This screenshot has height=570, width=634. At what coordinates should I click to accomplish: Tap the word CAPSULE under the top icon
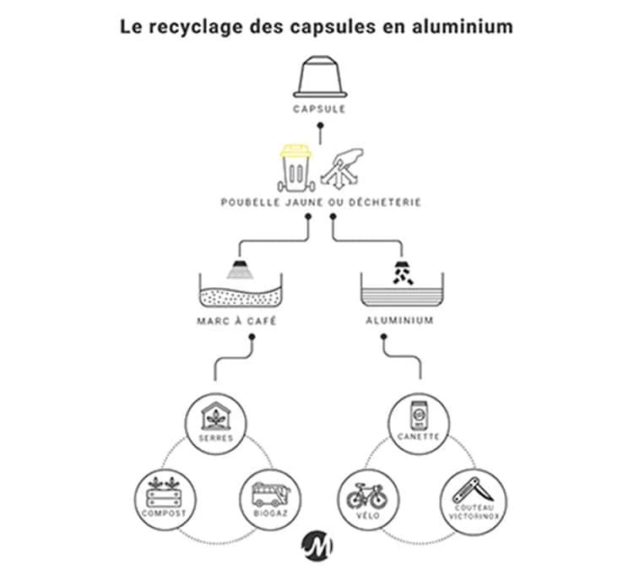click(x=321, y=109)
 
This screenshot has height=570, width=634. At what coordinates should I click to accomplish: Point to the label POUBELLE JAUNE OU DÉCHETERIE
click(x=320, y=203)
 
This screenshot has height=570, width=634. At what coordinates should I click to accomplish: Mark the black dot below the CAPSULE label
click(x=321, y=128)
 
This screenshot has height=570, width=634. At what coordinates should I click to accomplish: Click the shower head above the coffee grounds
click(x=241, y=269)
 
